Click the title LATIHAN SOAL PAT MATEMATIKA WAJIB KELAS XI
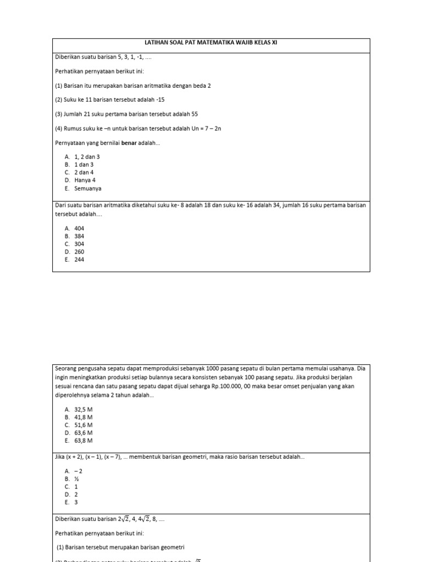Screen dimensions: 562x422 [x=211, y=43]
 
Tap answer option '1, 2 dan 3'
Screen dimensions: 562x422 [x=87, y=156]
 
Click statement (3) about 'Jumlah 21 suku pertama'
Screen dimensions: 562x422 [x=127, y=114]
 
